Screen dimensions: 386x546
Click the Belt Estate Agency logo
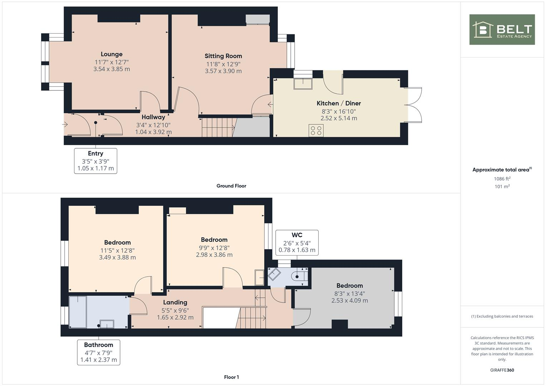point(502,30)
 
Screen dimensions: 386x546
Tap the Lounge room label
point(112,54)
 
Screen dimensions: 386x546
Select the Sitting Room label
point(223,56)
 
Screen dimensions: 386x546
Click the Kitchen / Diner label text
point(339,103)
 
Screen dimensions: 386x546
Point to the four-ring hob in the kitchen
point(316,130)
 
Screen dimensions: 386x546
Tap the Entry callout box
point(95,161)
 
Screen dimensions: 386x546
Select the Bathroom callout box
point(98,352)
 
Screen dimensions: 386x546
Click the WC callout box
point(297,242)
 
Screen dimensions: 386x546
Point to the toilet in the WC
point(299,276)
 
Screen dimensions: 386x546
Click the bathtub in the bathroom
point(78,311)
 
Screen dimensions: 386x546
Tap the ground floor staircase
point(218,127)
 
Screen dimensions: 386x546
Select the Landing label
point(175,302)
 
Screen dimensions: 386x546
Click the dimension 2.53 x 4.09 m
point(349,301)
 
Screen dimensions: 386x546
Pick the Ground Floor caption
point(231,186)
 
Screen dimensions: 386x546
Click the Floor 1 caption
point(231,377)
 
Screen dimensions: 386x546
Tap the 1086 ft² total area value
point(502,179)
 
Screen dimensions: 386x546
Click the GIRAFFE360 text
point(502,370)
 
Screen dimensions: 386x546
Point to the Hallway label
point(153,117)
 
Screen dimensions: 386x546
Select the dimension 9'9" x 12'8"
point(214,248)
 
